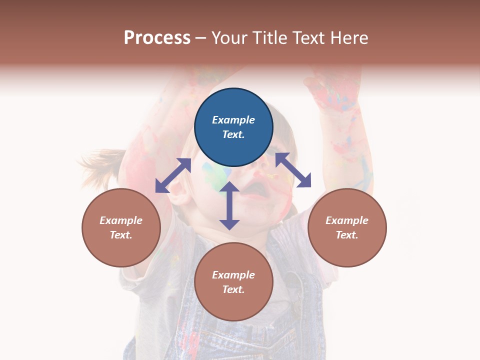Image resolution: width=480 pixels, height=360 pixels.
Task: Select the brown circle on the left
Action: (121, 227)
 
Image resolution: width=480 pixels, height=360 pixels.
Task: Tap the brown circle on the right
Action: (347, 227)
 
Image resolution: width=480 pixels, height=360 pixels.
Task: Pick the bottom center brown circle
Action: (233, 282)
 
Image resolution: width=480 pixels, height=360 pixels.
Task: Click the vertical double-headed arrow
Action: (229, 205)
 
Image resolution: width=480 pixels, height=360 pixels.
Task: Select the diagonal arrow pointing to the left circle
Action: (173, 175)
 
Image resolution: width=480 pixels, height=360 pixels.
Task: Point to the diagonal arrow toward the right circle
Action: (293, 170)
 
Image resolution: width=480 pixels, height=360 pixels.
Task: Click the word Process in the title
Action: (157, 37)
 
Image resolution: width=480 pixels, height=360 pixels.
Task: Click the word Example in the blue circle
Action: (233, 120)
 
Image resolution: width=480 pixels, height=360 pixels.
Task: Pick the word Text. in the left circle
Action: (121, 235)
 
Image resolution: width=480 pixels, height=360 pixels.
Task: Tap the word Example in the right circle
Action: (347, 220)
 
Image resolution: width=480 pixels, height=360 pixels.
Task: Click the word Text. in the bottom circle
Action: (233, 289)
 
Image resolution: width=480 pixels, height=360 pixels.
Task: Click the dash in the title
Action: (200, 38)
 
